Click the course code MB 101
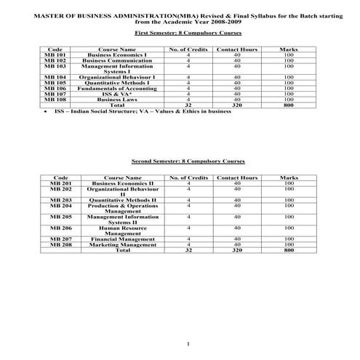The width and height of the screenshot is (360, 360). tap(55, 55)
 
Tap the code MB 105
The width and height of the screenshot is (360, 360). tap(55, 82)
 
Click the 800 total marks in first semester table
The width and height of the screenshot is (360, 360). tap(289, 105)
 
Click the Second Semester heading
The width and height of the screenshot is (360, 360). tap(188, 160)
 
